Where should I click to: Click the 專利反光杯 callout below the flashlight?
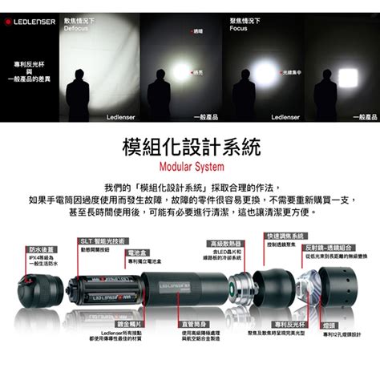285,325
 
